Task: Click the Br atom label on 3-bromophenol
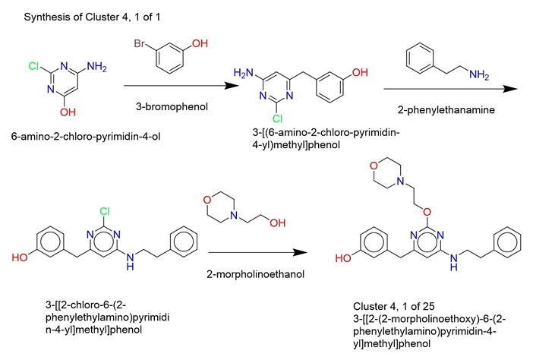[x=140, y=44]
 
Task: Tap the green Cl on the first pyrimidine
[x=34, y=65]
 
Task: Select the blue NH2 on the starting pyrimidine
[x=96, y=66]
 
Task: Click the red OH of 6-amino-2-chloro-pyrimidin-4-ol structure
[x=68, y=112]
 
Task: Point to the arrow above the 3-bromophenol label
[x=181, y=86]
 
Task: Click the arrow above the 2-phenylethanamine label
[x=450, y=89]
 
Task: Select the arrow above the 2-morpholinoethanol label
[x=257, y=253]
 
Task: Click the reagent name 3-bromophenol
[x=172, y=106]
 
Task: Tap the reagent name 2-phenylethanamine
[x=446, y=109]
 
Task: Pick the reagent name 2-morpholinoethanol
[x=255, y=274]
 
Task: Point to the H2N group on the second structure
[x=244, y=73]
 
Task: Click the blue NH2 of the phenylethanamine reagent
[x=479, y=74]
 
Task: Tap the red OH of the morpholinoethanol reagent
[x=278, y=223]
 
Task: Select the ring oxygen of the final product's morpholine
[x=374, y=166]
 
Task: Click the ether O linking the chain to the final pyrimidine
[x=427, y=212]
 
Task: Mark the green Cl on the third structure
[x=105, y=211]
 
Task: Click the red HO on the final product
[x=343, y=257]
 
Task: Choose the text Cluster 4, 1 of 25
[x=394, y=306]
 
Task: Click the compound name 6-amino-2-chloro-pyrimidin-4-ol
[x=86, y=137]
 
